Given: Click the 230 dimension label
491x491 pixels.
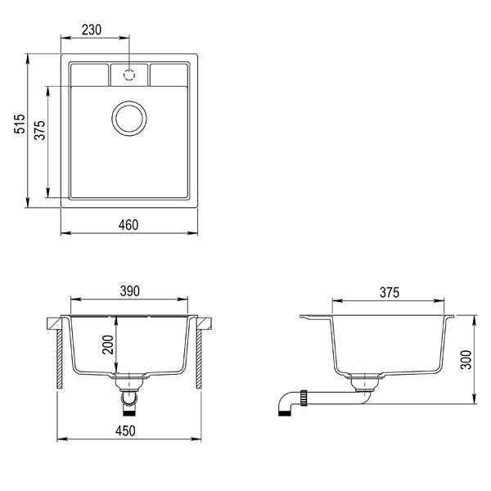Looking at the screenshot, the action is [92, 30].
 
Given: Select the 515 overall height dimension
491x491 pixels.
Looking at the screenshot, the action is [20, 124].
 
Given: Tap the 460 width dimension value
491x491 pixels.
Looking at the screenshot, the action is [128, 225].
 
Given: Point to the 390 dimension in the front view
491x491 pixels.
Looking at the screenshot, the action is [129, 291].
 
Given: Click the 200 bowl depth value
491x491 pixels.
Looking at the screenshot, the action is [108, 345].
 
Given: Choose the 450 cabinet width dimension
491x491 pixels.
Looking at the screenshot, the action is [125, 431].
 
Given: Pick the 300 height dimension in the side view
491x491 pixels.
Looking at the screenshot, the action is [466, 360].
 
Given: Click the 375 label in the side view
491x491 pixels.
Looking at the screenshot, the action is [390, 293].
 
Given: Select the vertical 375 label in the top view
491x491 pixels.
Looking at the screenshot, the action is [40, 129].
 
